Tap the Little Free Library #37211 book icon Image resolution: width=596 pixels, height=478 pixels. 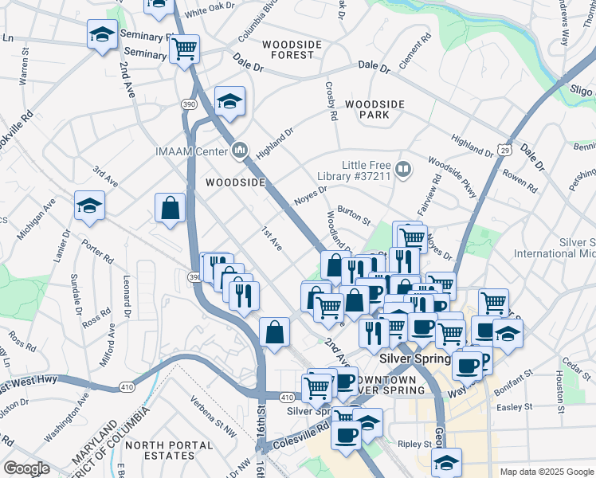click(404, 169)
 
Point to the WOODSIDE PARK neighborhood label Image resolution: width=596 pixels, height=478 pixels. click(374, 109)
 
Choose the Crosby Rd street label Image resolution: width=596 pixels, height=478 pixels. click(331, 101)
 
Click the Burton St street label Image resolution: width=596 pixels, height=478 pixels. click(354, 213)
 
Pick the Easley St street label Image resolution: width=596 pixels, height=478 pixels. click(514, 407)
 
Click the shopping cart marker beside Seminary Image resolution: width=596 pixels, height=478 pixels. click(184, 49)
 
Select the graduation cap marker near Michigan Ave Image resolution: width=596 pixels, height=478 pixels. click(89, 206)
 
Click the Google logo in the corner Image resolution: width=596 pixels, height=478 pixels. click(26, 469)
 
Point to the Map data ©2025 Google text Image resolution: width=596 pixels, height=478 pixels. click(546, 472)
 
